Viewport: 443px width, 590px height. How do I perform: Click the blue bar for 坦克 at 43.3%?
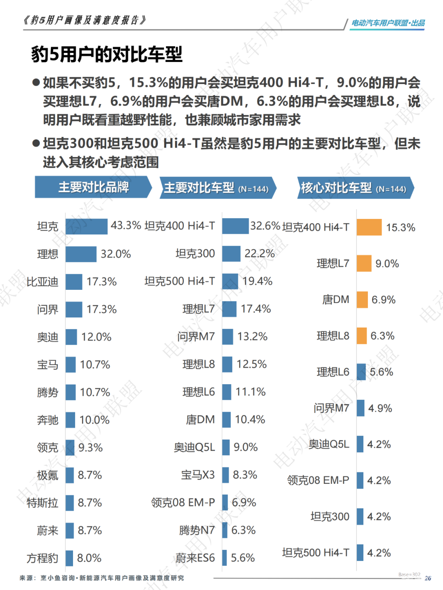click(87, 226)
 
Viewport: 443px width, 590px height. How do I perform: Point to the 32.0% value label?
click(116, 254)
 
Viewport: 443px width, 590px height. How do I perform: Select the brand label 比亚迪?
click(42, 282)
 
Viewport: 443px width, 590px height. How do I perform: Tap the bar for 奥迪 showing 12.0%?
click(71, 337)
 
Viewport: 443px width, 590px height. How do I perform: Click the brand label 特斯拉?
click(42, 503)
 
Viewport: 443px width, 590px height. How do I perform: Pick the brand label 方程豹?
click(42, 558)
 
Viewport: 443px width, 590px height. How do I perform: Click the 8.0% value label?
click(89, 558)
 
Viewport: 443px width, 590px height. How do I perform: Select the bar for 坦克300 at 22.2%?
click(231, 254)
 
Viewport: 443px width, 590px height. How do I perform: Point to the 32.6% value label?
click(265, 226)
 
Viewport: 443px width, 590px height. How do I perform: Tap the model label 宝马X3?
click(198, 475)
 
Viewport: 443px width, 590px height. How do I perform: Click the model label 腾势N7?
click(197, 531)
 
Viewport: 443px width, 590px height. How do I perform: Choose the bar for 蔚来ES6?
click(224, 558)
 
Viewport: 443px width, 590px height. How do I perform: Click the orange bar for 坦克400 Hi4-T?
click(369, 227)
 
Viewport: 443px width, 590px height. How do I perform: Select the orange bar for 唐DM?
click(362, 300)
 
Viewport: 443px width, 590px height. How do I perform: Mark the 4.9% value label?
click(380, 408)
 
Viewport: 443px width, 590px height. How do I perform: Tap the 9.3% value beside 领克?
click(90, 448)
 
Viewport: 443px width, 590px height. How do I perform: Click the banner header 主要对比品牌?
click(93, 187)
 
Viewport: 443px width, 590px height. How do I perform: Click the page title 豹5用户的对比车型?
click(107, 55)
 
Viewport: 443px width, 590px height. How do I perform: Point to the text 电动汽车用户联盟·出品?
click(388, 23)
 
